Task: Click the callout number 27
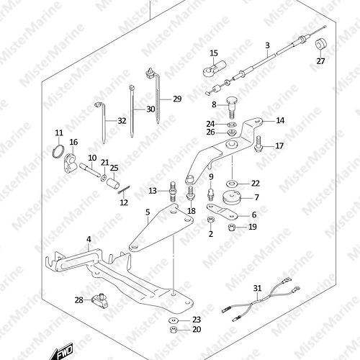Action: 320,61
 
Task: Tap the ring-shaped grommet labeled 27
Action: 321,44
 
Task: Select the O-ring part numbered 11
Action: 58,152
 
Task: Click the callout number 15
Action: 214,53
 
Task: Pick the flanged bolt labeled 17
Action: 258,144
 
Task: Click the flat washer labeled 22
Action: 232,184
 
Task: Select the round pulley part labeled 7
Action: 231,197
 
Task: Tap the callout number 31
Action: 257,288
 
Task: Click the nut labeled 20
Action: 174,330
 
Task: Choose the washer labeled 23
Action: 174,320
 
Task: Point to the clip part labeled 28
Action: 100,301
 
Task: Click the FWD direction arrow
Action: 63,352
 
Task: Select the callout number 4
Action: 89,239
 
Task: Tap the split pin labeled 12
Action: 125,190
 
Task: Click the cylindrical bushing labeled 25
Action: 113,184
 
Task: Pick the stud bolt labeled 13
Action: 174,192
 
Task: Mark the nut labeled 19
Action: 231,227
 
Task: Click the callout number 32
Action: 122,120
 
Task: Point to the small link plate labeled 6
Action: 222,212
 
